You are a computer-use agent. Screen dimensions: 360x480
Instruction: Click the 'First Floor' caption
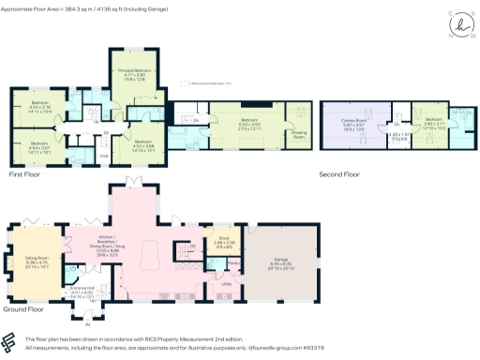[29, 174]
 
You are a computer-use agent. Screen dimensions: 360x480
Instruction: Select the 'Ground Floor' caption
[26, 308]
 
